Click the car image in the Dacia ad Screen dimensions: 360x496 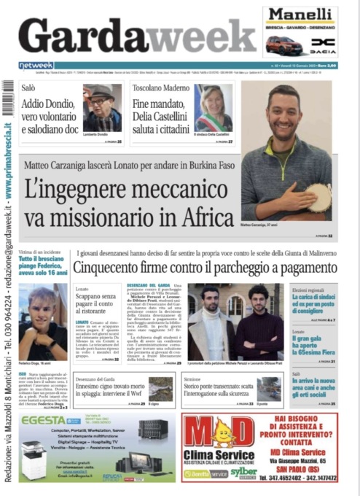[285, 45]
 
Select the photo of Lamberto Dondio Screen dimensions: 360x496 [102, 107]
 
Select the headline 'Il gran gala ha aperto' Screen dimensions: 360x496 [313, 344]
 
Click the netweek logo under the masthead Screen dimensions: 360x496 [36, 66]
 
